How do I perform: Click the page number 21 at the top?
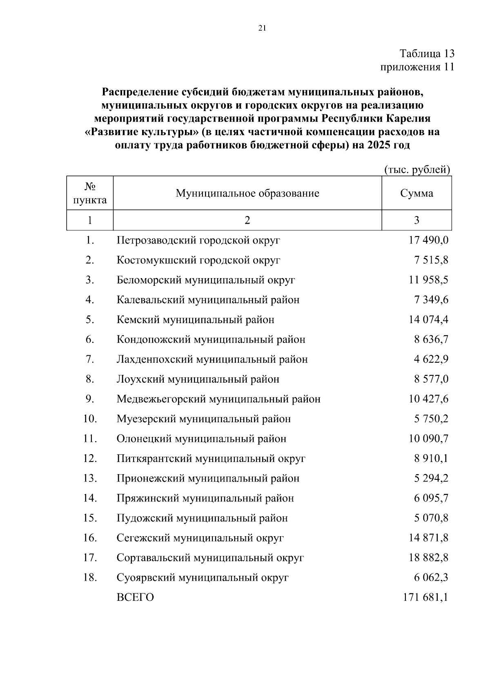coord(262,28)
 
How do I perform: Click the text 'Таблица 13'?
coord(427,54)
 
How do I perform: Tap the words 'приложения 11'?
coord(417,67)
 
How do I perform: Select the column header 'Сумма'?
coord(416,193)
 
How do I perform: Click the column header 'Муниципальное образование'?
coord(247,193)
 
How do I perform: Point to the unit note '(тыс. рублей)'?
coord(417,169)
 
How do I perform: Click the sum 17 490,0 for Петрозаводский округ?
coord(428,240)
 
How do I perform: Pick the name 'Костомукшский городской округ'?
coord(198,260)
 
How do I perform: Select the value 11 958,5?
coord(428,280)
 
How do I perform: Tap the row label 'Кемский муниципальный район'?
coord(195,320)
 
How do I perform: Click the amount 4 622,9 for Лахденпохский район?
coord(431,359)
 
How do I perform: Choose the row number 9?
coord(90,399)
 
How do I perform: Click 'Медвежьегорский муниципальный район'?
coord(218,399)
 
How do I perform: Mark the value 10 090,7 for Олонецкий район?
coord(428,439)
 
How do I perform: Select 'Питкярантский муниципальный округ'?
coord(211,459)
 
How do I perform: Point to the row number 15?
coord(90,518)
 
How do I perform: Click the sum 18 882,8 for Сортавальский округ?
coord(428,558)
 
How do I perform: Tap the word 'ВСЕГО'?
coord(135,598)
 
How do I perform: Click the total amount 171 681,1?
coord(425,598)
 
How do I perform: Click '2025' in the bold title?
coord(380,145)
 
